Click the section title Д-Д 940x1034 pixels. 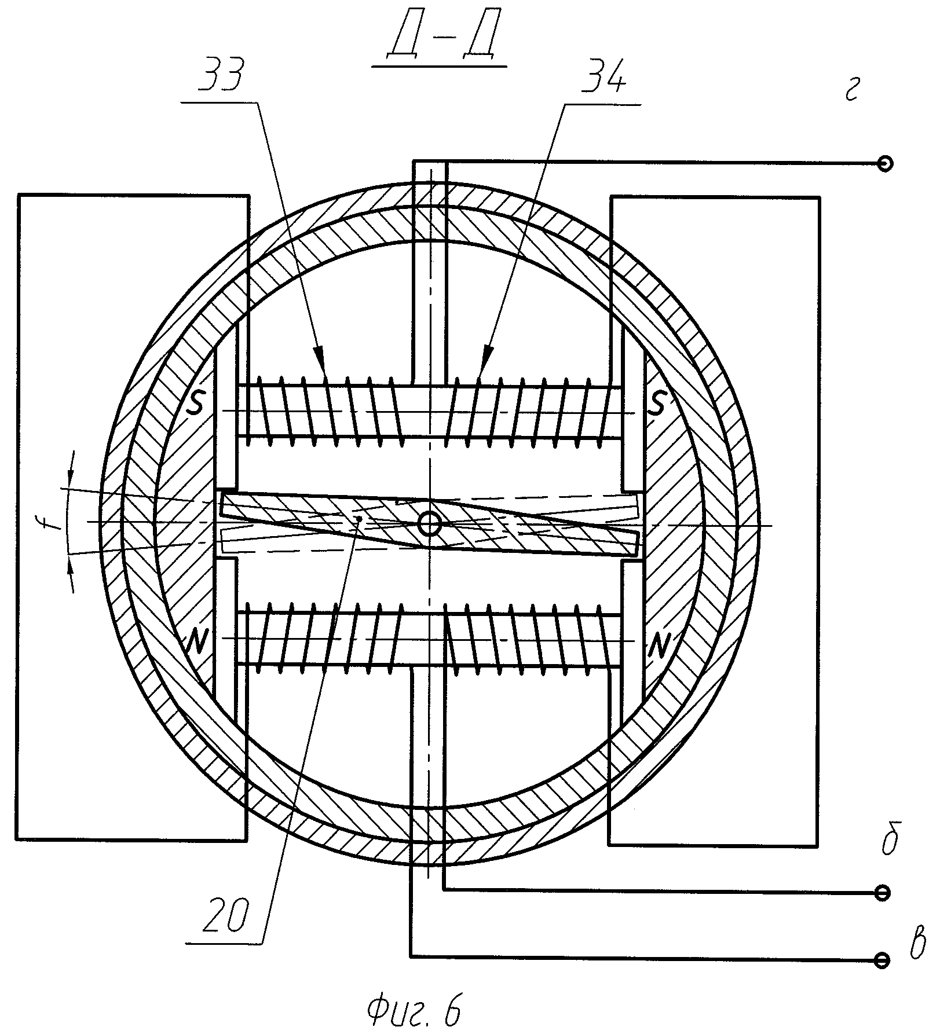pyautogui.click(x=440, y=40)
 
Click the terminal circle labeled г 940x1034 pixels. pyautogui.click(x=884, y=164)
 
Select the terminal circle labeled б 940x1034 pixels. pyautogui.click(x=883, y=893)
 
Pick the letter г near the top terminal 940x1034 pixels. pyautogui.click(x=851, y=91)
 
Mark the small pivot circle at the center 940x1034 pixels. pyautogui.click(x=430, y=525)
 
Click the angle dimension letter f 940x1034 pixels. pyautogui.click(x=54, y=521)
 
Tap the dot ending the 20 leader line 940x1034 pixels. pyautogui.click(x=360, y=518)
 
